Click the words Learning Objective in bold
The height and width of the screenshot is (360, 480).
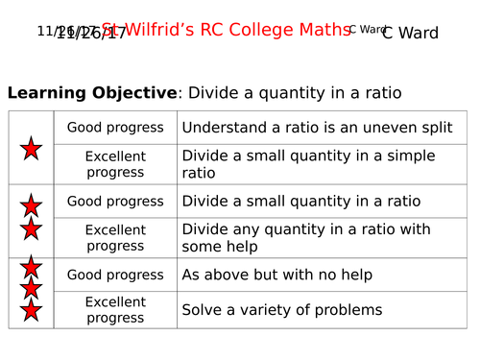tap(92, 93)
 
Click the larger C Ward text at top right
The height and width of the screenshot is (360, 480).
tap(410, 34)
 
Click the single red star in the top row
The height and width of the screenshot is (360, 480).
tap(31, 148)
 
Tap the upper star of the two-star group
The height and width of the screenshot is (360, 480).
tap(31, 204)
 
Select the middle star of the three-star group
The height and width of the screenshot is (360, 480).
tap(31, 288)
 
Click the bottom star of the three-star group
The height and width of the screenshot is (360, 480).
tap(31, 309)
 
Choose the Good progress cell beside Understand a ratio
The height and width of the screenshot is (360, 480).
tap(115, 127)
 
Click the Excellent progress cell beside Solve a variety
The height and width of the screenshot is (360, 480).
tap(115, 309)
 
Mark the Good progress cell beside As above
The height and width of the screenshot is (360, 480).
tap(115, 275)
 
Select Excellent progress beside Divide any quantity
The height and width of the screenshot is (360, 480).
tap(115, 237)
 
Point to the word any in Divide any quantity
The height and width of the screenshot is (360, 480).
tap(242, 228)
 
